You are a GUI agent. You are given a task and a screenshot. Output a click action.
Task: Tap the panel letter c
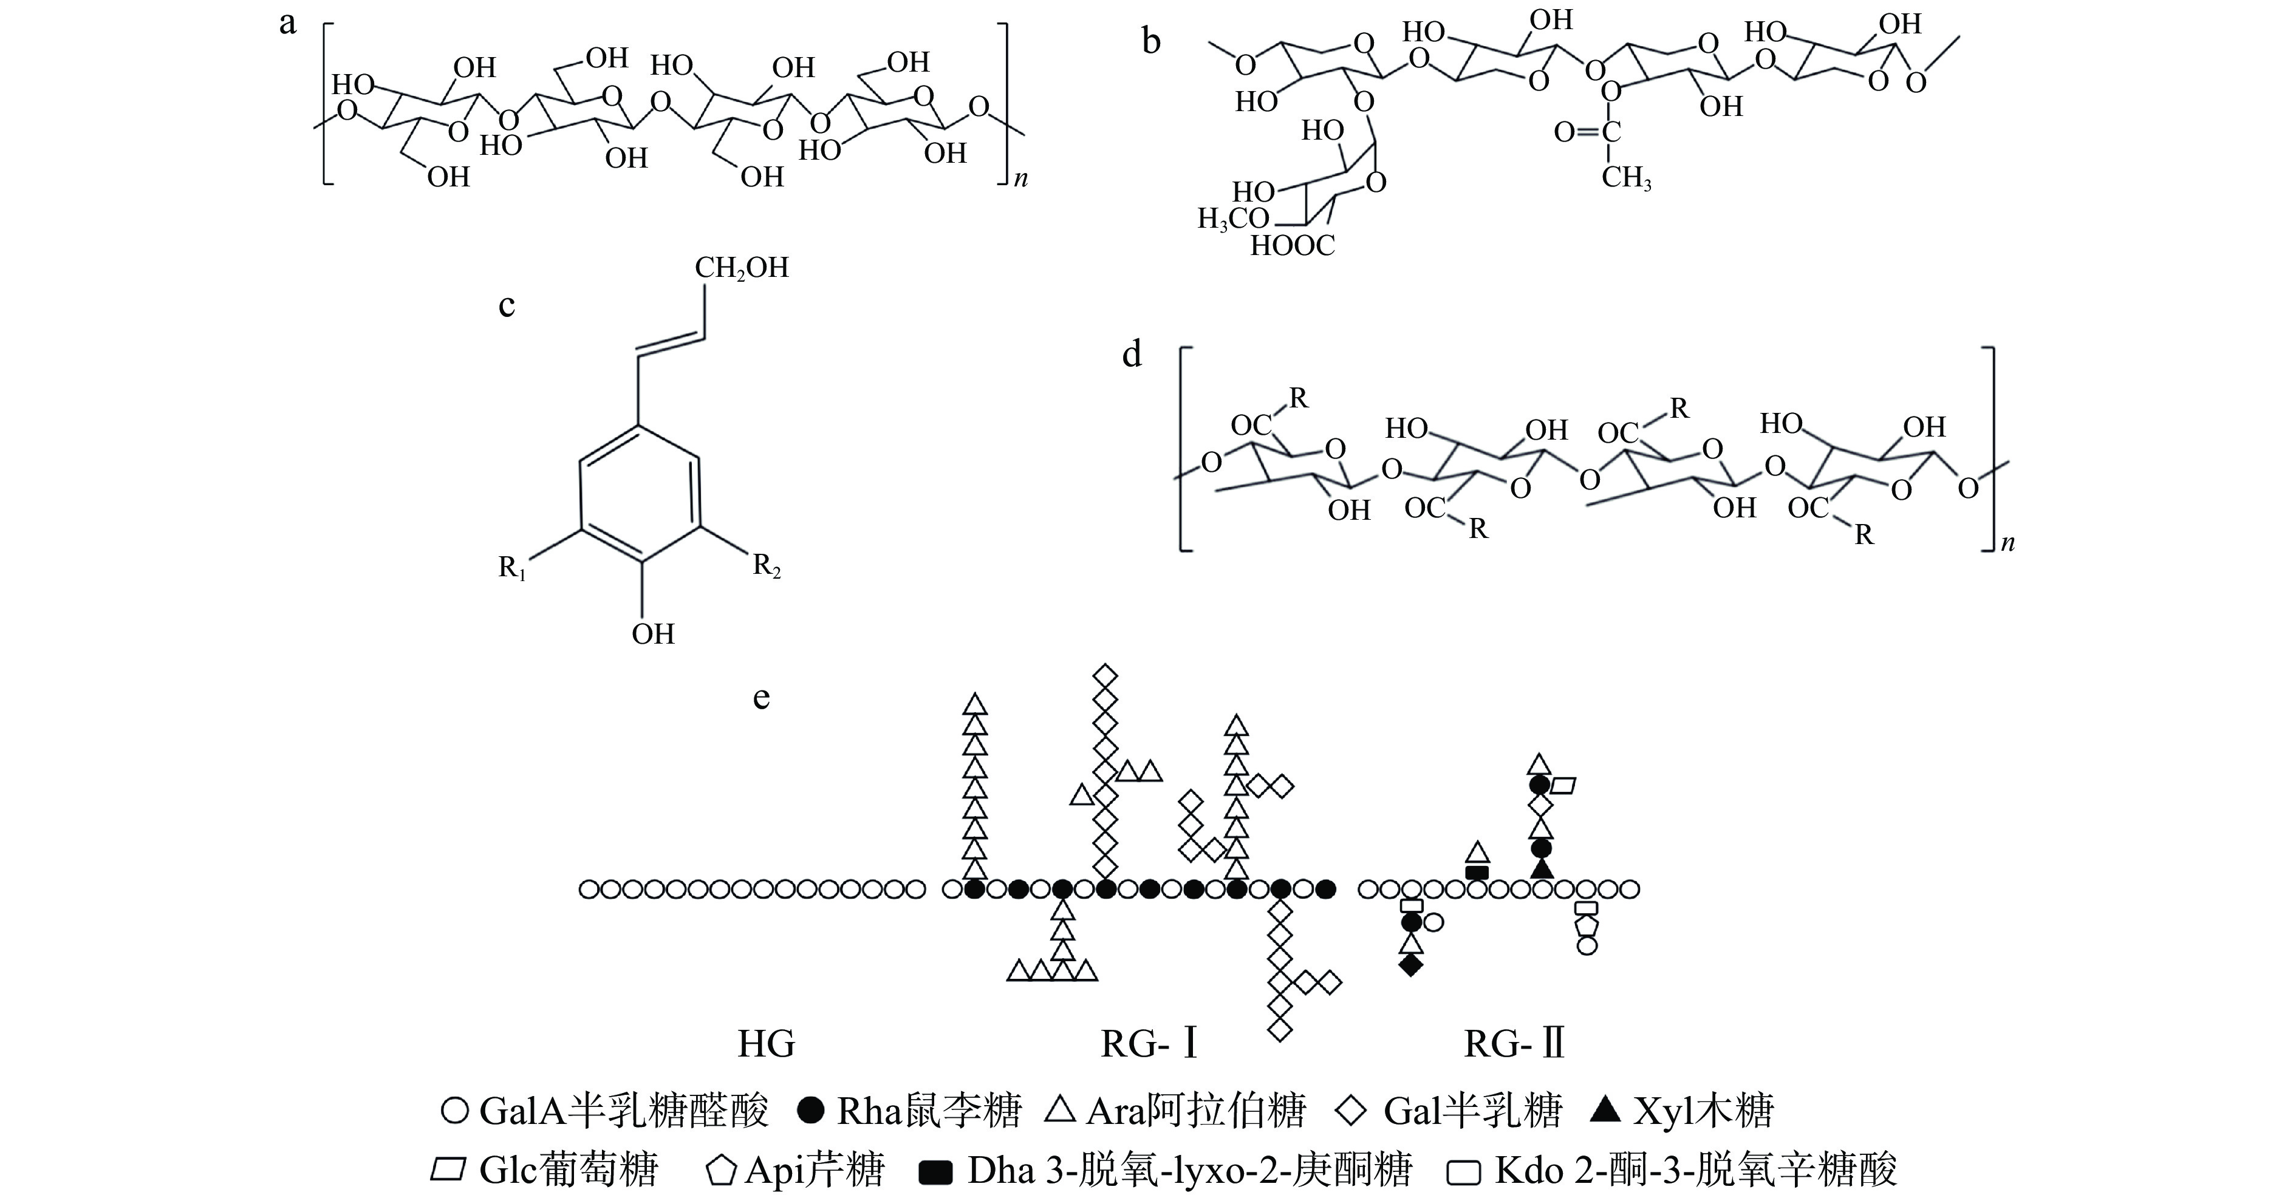[x=506, y=305]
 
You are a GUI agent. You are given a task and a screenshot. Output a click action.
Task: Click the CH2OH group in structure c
[x=742, y=267]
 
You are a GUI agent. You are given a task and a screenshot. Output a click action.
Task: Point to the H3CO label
[x=1232, y=219]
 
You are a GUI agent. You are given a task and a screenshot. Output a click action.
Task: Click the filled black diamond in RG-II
[x=1411, y=964]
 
